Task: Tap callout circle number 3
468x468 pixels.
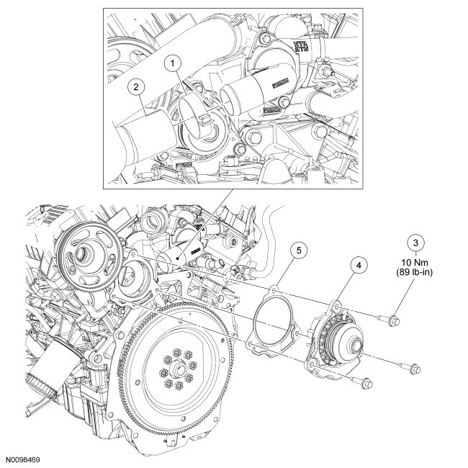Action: (x=413, y=242)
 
